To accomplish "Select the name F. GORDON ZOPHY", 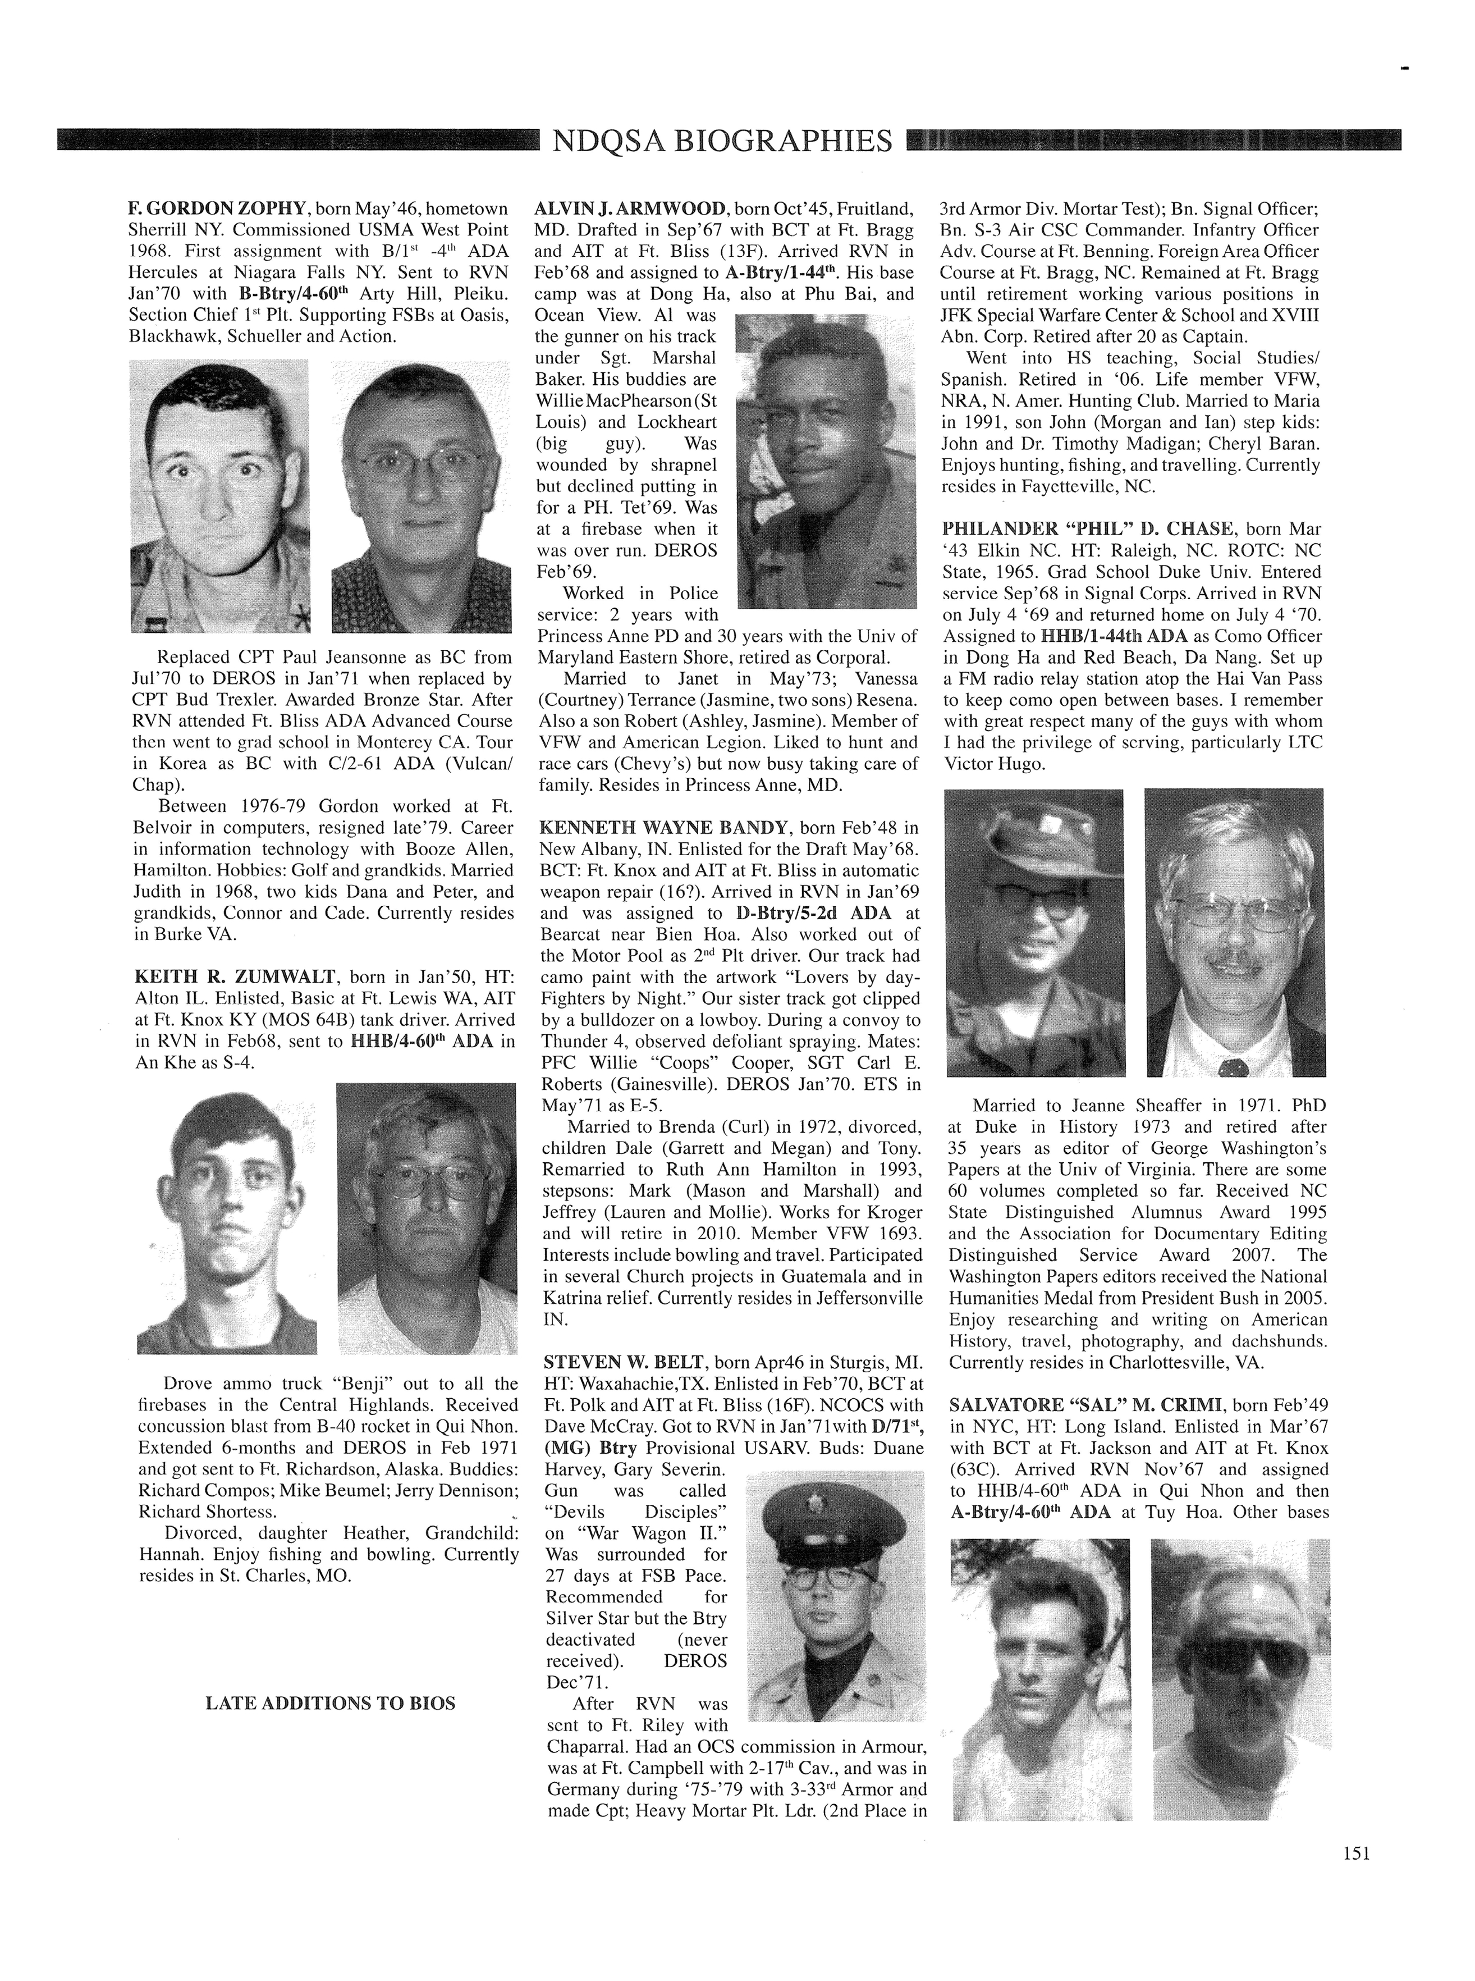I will (218, 209).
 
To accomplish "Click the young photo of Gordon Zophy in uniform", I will (219, 496).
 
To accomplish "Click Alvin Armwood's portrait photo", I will (825, 464).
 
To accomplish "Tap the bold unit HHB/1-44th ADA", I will (1114, 636).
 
